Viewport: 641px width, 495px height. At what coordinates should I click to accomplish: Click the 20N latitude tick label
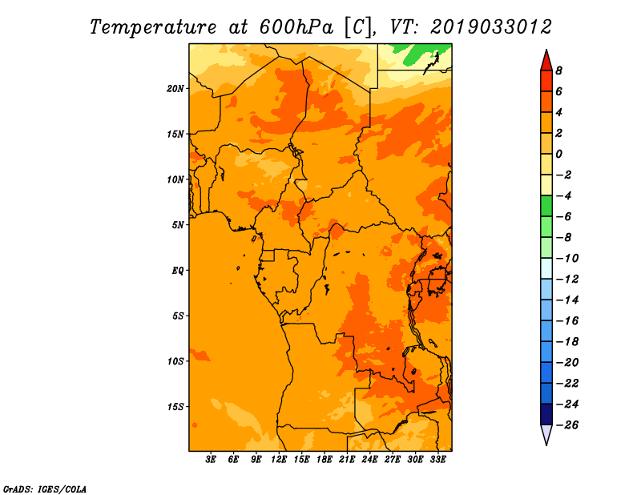pos(175,89)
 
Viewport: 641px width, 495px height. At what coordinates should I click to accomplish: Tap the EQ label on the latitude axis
pos(177,271)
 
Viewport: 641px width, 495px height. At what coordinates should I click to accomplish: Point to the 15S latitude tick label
pos(175,407)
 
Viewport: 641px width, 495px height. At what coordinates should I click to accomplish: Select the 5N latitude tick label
pos(178,225)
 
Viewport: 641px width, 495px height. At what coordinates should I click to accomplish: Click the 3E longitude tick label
pos(211,459)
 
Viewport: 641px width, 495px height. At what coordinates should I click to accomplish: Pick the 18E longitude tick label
pos(325,459)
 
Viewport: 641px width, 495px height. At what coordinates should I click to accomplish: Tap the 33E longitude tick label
pos(437,459)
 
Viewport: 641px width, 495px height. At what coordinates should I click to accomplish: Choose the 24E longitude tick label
pos(369,459)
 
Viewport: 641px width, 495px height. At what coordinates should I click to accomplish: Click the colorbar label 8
pos(558,70)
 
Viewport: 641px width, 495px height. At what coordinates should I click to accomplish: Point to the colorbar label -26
pos(567,425)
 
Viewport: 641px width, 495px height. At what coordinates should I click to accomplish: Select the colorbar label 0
pos(558,154)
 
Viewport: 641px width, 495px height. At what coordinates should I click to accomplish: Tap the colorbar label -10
pos(567,259)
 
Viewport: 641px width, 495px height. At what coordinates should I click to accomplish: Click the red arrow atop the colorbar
pos(546,61)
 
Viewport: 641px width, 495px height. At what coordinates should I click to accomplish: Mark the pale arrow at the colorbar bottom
pos(546,434)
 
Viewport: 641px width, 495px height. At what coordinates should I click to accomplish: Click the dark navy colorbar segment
pos(546,414)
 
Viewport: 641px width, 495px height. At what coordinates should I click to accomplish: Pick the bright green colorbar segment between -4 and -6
pos(546,206)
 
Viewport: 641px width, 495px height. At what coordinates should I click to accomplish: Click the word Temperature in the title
pos(152,27)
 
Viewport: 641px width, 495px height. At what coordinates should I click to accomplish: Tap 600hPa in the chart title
pos(296,27)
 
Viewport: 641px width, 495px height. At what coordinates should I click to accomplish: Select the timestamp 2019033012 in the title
pos(491,27)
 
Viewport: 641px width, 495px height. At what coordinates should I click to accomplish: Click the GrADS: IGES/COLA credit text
pos(45,489)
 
